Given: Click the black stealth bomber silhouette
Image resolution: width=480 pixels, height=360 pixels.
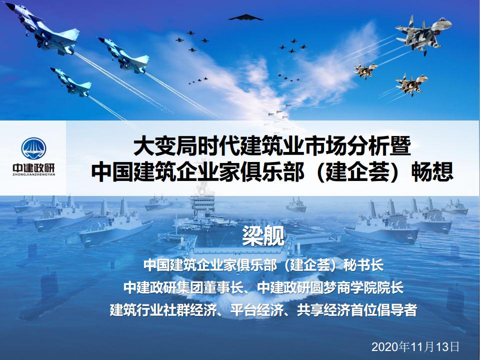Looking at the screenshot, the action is coord(245,18).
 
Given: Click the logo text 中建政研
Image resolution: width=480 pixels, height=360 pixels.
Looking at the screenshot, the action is coord(33,168).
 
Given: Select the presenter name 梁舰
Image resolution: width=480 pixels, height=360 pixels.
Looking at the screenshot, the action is coord(263,235).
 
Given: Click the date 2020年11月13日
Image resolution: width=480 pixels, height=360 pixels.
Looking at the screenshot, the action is coord(415,346).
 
